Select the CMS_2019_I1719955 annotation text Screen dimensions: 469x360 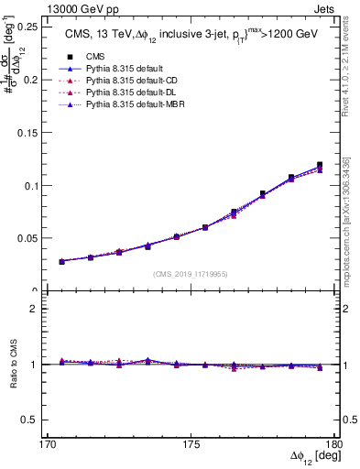click(x=190, y=274)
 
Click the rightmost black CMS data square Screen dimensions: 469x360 click(x=320, y=165)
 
